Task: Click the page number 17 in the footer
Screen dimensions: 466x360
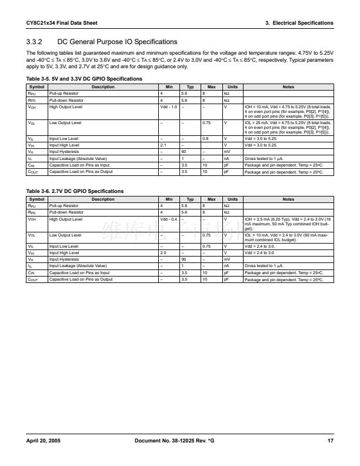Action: (331, 441)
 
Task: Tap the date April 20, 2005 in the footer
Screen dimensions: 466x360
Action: (43, 441)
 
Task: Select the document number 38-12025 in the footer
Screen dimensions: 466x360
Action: (186, 441)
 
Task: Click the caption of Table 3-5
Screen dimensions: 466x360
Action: (84, 78)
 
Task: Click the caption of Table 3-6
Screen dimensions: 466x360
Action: (75, 191)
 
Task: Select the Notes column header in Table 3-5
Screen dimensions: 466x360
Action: (288, 86)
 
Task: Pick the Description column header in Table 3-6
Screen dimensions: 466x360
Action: (103, 199)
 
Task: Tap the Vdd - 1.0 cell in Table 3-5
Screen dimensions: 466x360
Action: (168, 106)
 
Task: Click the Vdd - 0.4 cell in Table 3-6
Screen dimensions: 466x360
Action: (168, 219)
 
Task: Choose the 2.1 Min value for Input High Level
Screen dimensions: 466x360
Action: (163, 145)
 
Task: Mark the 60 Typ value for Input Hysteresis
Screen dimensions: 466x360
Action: (184, 151)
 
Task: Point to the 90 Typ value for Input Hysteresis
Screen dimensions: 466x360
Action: (184, 259)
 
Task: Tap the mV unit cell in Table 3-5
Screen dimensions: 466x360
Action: (227, 151)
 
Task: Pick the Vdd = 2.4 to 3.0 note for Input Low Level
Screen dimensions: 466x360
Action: (259, 246)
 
